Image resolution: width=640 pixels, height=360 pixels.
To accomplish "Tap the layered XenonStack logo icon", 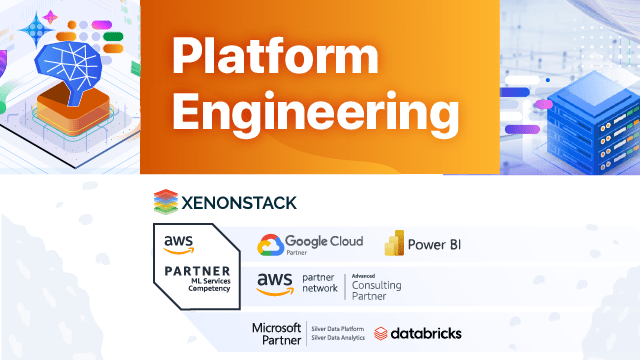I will [x=164, y=202].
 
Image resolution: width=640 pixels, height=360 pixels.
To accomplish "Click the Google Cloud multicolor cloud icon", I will [x=269, y=245].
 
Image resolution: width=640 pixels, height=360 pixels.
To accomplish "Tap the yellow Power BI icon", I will [x=394, y=245].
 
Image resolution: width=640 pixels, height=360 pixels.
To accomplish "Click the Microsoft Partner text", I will [x=276, y=333].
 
